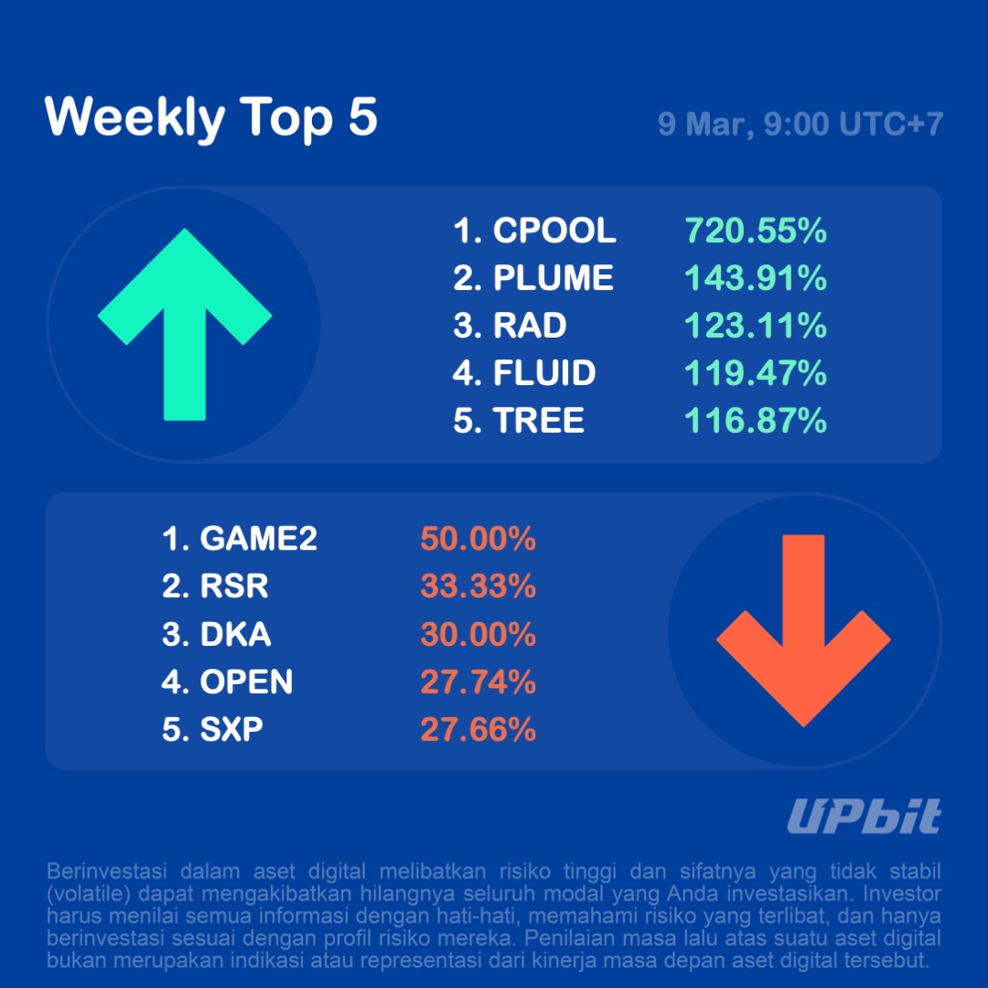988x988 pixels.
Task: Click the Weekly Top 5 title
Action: pyautogui.click(x=210, y=118)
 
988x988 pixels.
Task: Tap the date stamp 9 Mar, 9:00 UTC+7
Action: pyautogui.click(x=800, y=124)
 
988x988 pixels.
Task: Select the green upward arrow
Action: pyautogui.click(x=185, y=324)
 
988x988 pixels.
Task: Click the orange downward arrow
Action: pyautogui.click(x=802, y=630)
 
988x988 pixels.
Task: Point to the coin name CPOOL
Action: pyautogui.click(x=554, y=231)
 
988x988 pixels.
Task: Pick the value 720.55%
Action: pyautogui.click(x=756, y=231)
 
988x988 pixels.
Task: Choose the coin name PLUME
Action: pyautogui.click(x=553, y=278)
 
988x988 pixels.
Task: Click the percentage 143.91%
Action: pyautogui.click(x=756, y=278)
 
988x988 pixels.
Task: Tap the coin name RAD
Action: pyautogui.click(x=530, y=326)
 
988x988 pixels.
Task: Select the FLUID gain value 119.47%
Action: pyautogui.click(x=756, y=373)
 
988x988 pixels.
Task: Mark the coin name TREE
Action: pyautogui.click(x=539, y=421)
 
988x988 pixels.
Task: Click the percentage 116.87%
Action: pyautogui.click(x=756, y=421)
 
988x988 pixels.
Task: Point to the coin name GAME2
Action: pyautogui.click(x=259, y=540)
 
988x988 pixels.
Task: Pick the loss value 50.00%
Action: pyautogui.click(x=478, y=540)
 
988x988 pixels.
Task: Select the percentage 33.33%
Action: pyautogui.click(x=478, y=586)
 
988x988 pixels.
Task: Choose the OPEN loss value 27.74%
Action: pyautogui.click(x=478, y=682)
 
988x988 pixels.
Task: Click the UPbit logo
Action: pyautogui.click(x=864, y=817)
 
